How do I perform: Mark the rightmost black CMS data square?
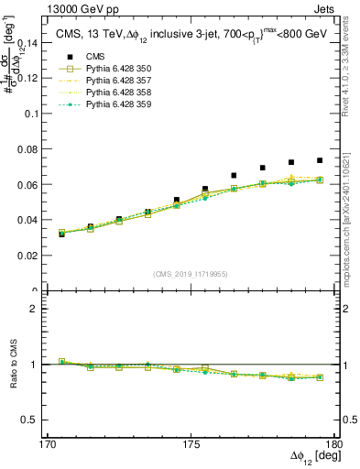320,160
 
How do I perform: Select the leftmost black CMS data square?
61,234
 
